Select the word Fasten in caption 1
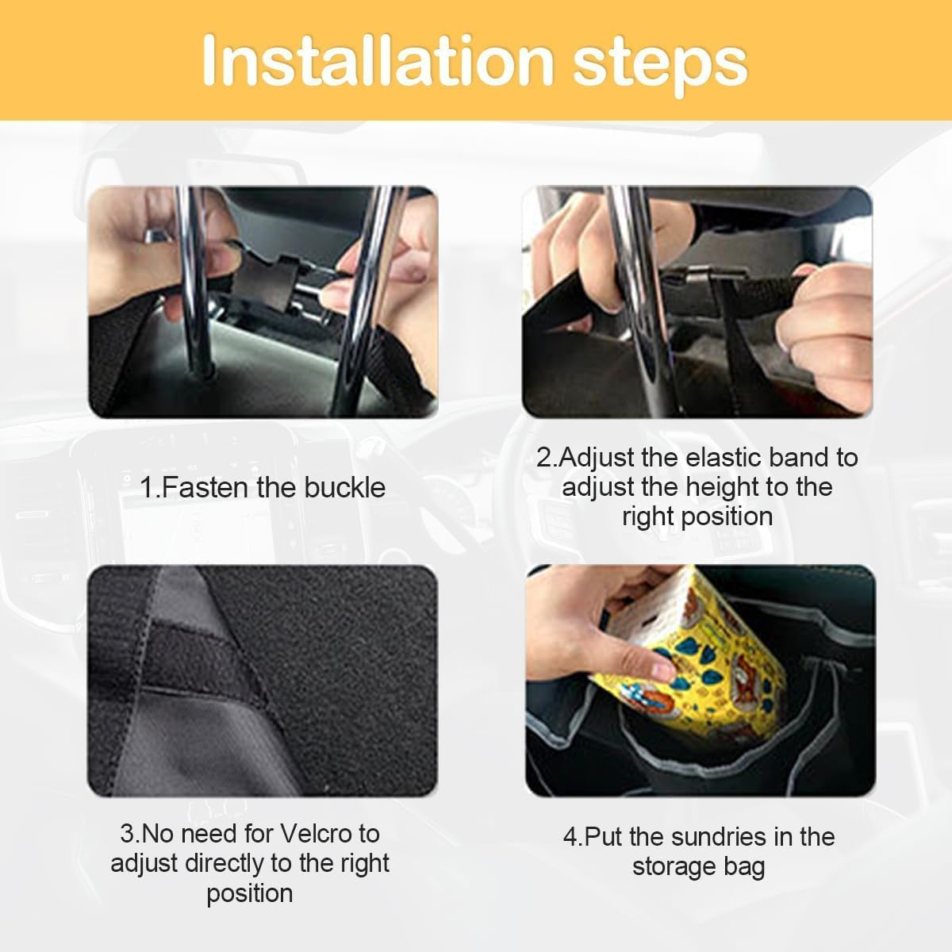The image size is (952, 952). click(206, 487)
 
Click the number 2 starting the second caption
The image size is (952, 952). click(544, 458)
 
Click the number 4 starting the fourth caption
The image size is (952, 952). click(570, 837)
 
